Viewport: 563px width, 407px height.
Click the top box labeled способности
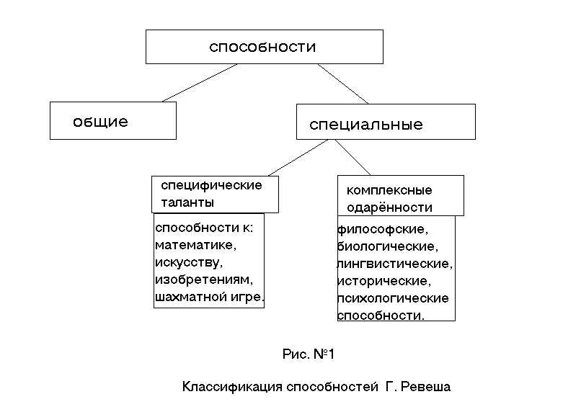[x=264, y=47]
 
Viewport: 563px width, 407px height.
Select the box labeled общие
[x=112, y=120]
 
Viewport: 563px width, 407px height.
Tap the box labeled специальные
[x=386, y=122]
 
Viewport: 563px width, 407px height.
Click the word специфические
[x=211, y=185]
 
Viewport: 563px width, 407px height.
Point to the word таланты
[x=187, y=202]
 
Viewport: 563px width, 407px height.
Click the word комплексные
[x=389, y=190]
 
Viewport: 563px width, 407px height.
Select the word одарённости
[x=389, y=207]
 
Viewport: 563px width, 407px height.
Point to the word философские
[x=383, y=230]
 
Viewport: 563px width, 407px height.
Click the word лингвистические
[x=395, y=264]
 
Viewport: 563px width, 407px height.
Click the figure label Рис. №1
[x=309, y=354]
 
